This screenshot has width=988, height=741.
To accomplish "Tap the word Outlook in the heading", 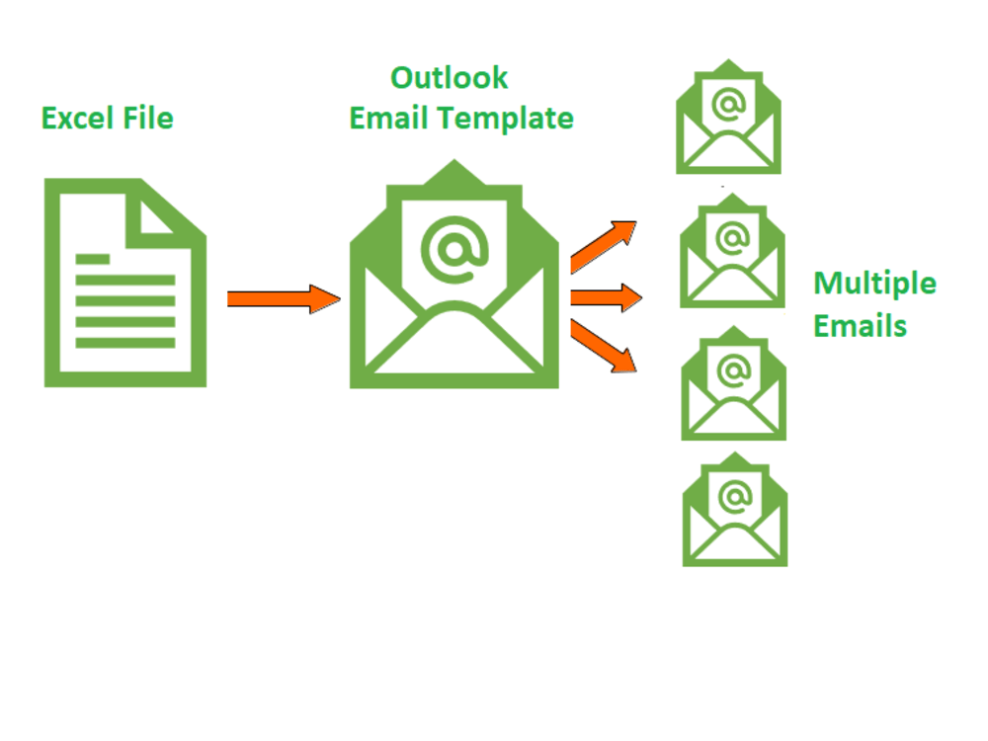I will (x=450, y=77).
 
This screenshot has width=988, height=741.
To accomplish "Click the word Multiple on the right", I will (x=874, y=285).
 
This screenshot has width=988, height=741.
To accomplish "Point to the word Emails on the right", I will (x=860, y=325).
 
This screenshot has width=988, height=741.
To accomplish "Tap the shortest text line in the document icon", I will (x=93, y=259).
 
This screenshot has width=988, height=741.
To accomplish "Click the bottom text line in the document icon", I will (x=125, y=343).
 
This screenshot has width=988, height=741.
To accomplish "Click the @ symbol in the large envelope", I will (x=454, y=247).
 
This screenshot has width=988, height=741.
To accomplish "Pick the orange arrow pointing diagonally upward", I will (x=604, y=246).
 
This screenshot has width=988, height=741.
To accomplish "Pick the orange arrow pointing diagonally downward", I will (x=604, y=347).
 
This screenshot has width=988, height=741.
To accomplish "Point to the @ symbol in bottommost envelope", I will (x=734, y=495).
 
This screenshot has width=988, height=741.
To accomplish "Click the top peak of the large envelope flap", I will (x=453, y=164).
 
